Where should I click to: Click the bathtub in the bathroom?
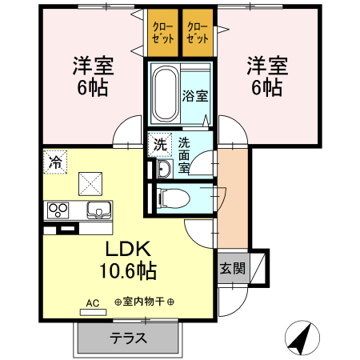coord(164,93)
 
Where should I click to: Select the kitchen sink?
coord(99,210)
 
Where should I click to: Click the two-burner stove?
coord(58,210)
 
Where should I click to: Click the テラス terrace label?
coord(128,338)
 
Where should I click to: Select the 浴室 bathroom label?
coord(196,96)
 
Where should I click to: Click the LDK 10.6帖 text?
coord(126,258)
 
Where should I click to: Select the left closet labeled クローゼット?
coord(161,33)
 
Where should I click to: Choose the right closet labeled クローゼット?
coord(197,33)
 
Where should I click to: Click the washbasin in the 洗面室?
coord(163,169)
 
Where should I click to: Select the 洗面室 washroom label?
coord(185,155)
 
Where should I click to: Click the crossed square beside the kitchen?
coord(90,183)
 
